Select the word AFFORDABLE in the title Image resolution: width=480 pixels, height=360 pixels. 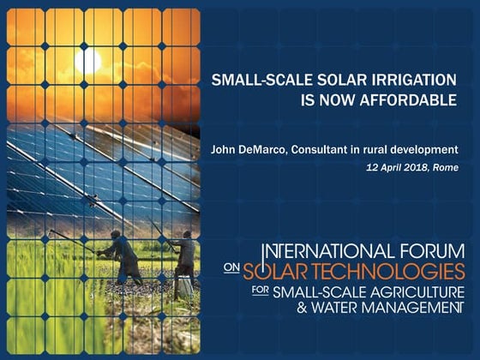(x=410, y=99)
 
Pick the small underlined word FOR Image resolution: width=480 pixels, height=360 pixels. (x=231, y=290)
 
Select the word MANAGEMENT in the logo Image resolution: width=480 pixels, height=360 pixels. (x=400, y=307)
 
